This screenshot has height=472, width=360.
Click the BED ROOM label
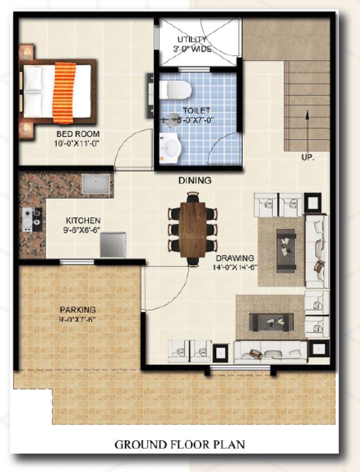tap(78, 134)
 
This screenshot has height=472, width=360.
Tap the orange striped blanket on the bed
tap(64, 93)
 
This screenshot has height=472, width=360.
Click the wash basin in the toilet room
tap(170, 149)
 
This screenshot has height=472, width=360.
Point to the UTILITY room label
tap(192, 40)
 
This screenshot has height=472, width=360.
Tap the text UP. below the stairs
tap(308, 157)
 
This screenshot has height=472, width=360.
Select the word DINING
tap(195, 180)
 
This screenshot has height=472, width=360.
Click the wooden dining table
tap(193, 230)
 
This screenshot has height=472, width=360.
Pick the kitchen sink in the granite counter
tap(96, 184)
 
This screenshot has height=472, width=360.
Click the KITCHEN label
tap(83, 221)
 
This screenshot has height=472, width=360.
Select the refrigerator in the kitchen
tap(113, 245)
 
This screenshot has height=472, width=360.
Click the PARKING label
tap(78, 310)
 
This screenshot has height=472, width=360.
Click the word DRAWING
tap(235, 258)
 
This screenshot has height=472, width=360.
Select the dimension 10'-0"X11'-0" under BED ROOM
tap(77, 143)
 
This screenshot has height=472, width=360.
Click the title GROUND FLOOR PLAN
tap(180, 445)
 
